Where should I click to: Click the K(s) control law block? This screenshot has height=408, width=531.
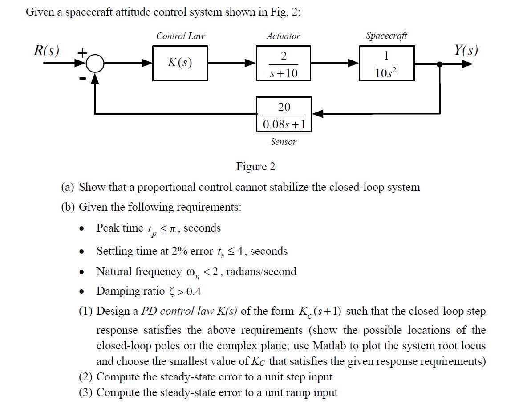[x=179, y=64]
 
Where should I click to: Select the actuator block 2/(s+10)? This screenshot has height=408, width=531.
[x=284, y=64]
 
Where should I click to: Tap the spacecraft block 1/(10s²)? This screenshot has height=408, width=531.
[x=386, y=64]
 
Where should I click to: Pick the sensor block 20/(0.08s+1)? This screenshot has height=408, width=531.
[x=284, y=114]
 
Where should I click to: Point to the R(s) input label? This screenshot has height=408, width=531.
[x=47, y=50]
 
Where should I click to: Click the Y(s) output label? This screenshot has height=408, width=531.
[x=466, y=50]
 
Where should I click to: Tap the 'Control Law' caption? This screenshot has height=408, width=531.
[x=180, y=36]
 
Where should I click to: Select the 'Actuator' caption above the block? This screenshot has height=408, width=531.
[x=283, y=36]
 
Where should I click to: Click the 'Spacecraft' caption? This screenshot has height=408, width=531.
[x=386, y=36]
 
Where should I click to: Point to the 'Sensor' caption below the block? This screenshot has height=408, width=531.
[x=284, y=142]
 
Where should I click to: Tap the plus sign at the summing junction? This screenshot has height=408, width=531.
[x=82, y=53]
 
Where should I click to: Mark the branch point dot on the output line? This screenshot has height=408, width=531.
[x=440, y=64]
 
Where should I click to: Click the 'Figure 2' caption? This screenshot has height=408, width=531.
[x=255, y=167]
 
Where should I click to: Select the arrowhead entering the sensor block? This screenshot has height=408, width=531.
[x=317, y=114]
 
